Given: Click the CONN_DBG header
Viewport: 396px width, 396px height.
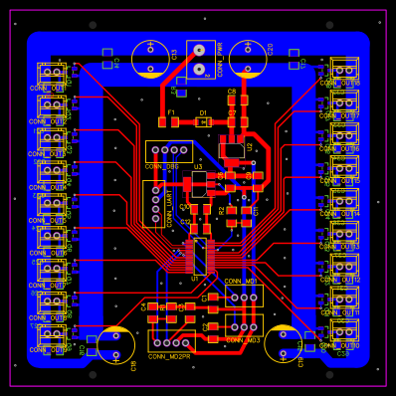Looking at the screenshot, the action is [x=168, y=151].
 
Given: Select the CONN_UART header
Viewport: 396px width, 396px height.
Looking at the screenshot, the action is [x=153, y=204].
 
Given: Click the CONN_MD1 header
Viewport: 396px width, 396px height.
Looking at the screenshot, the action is [x=243, y=296].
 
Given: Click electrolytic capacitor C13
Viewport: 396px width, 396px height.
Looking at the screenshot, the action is [x=150, y=59].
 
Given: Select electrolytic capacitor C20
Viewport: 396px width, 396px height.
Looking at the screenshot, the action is [x=248, y=59].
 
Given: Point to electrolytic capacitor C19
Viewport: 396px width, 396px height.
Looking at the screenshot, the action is [x=283, y=343].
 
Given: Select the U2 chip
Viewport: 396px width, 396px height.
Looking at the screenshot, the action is [x=232, y=151].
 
